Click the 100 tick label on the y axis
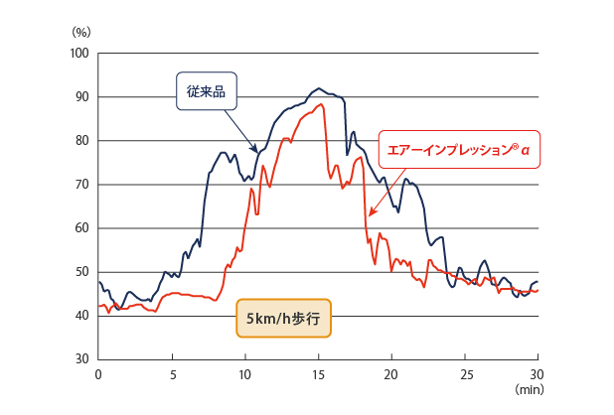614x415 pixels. point(79,54)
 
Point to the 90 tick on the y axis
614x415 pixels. point(82,97)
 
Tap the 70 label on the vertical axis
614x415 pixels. point(82,185)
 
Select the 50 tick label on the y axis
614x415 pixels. point(82,272)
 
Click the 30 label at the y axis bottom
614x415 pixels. point(82,359)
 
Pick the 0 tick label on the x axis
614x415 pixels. point(98,374)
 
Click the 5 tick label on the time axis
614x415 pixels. point(173,374)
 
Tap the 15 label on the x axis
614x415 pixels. point(318,374)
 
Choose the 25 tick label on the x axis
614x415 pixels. point(465,374)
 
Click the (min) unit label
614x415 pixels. point(530,389)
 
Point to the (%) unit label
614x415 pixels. point(81,32)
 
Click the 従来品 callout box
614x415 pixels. point(207,91)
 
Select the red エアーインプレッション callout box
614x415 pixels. point(459,149)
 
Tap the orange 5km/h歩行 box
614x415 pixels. point(283,318)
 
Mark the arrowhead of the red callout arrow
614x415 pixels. point(370,214)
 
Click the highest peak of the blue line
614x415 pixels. point(319,88)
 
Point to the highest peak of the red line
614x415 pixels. point(321,104)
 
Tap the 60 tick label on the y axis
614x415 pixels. point(82,228)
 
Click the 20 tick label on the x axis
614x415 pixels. point(391,374)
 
